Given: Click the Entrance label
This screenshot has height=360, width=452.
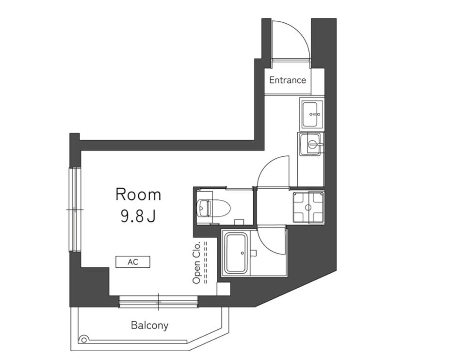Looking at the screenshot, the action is click(x=288, y=80).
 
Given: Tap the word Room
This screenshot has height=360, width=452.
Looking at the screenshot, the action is click(x=138, y=195).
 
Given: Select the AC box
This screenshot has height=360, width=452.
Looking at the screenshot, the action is click(x=133, y=262).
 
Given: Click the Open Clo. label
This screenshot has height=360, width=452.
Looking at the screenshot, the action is click(x=196, y=262).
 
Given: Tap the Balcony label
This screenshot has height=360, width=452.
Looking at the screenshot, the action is click(x=149, y=326).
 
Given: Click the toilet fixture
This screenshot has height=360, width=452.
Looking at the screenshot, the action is click(x=213, y=207).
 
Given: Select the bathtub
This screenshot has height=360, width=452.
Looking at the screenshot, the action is click(x=236, y=253).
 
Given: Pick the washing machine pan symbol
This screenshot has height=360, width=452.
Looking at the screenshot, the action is click(x=308, y=207).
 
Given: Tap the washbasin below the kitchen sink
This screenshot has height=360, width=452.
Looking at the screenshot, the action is click(x=311, y=144).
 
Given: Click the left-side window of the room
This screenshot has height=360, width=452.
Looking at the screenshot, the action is click(x=75, y=210).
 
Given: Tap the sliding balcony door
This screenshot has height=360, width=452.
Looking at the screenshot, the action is click(x=158, y=302).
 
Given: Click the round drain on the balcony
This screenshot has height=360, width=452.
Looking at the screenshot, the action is click(x=83, y=340).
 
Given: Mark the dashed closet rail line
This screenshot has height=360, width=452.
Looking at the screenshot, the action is click(x=206, y=262).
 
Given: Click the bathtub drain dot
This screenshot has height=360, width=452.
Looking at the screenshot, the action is click(x=242, y=253).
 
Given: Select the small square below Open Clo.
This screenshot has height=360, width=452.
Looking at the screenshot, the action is click(x=224, y=289).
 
